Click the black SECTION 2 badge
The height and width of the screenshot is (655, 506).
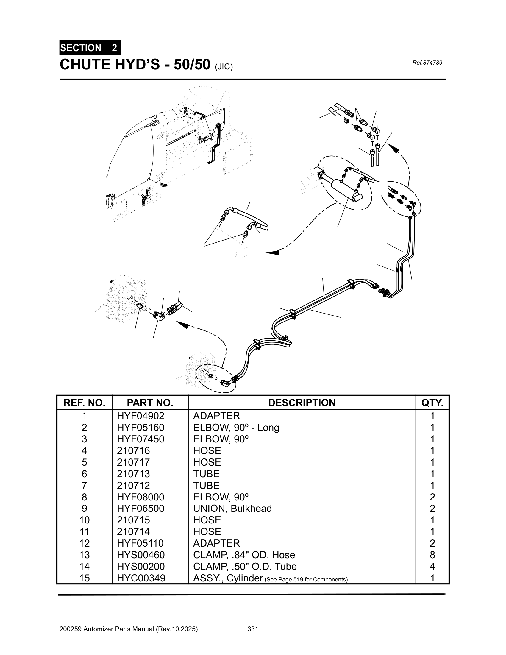pyautogui.click(x=90, y=48)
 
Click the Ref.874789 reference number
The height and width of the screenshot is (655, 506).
pyautogui.click(x=427, y=63)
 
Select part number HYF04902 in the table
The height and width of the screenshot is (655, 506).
pyautogui.click(x=140, y=416)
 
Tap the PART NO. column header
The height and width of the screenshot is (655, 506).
pyautogui.click(x=150, y=403)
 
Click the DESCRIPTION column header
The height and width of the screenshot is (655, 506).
pyautogui.click(x=302, y=403)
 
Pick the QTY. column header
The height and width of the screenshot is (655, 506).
pyautogui.click(x=432, y=403)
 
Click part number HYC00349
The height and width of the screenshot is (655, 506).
pyautogui.click(x=141, y=578)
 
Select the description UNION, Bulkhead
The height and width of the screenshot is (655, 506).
pyautogui.click(x=232, y=508)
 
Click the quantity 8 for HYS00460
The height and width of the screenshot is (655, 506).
pyautogui.click(x=432, y=555)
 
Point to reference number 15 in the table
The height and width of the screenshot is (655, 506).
pyautogui.click(x=84, y=578)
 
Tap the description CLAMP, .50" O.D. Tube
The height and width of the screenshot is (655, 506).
pyautogui.click(x=245, y=566)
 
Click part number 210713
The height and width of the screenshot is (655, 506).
pyautogui.click(x=133, y=474)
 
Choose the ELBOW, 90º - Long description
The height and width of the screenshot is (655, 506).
pyautogui.click(x=236, y=427)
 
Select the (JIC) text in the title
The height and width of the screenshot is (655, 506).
pyautogui.click(x=224, y=67)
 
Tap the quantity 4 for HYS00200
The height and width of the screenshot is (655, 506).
pyautogui.click(x=432, y=566)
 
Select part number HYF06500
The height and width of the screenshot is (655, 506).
pyautogui.click(x=140, y=508)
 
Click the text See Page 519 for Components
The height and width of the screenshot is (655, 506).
pyautogui.click(x=306, y=579)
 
